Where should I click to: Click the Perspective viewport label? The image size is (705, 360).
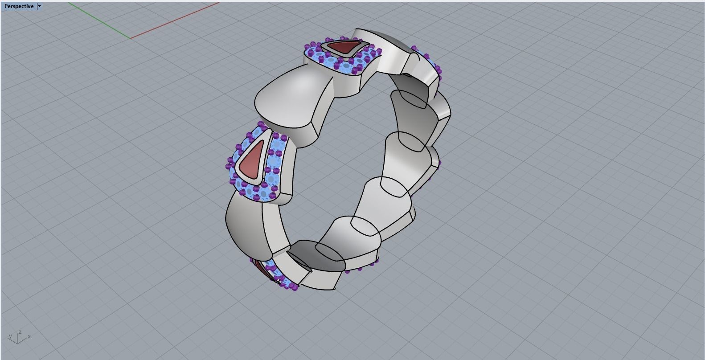click(x=18, y=6)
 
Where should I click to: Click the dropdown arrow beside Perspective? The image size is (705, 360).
click(x=39, y=6)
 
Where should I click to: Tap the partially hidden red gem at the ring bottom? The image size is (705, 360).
click(x=262, y=269)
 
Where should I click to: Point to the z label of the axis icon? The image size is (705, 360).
click(x=20, y=332)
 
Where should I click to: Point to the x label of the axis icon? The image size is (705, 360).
click(x=29, y=336)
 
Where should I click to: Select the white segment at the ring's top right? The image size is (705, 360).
click(x=392, y=51)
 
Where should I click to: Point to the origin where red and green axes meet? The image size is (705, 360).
click(x=130, y=38)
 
